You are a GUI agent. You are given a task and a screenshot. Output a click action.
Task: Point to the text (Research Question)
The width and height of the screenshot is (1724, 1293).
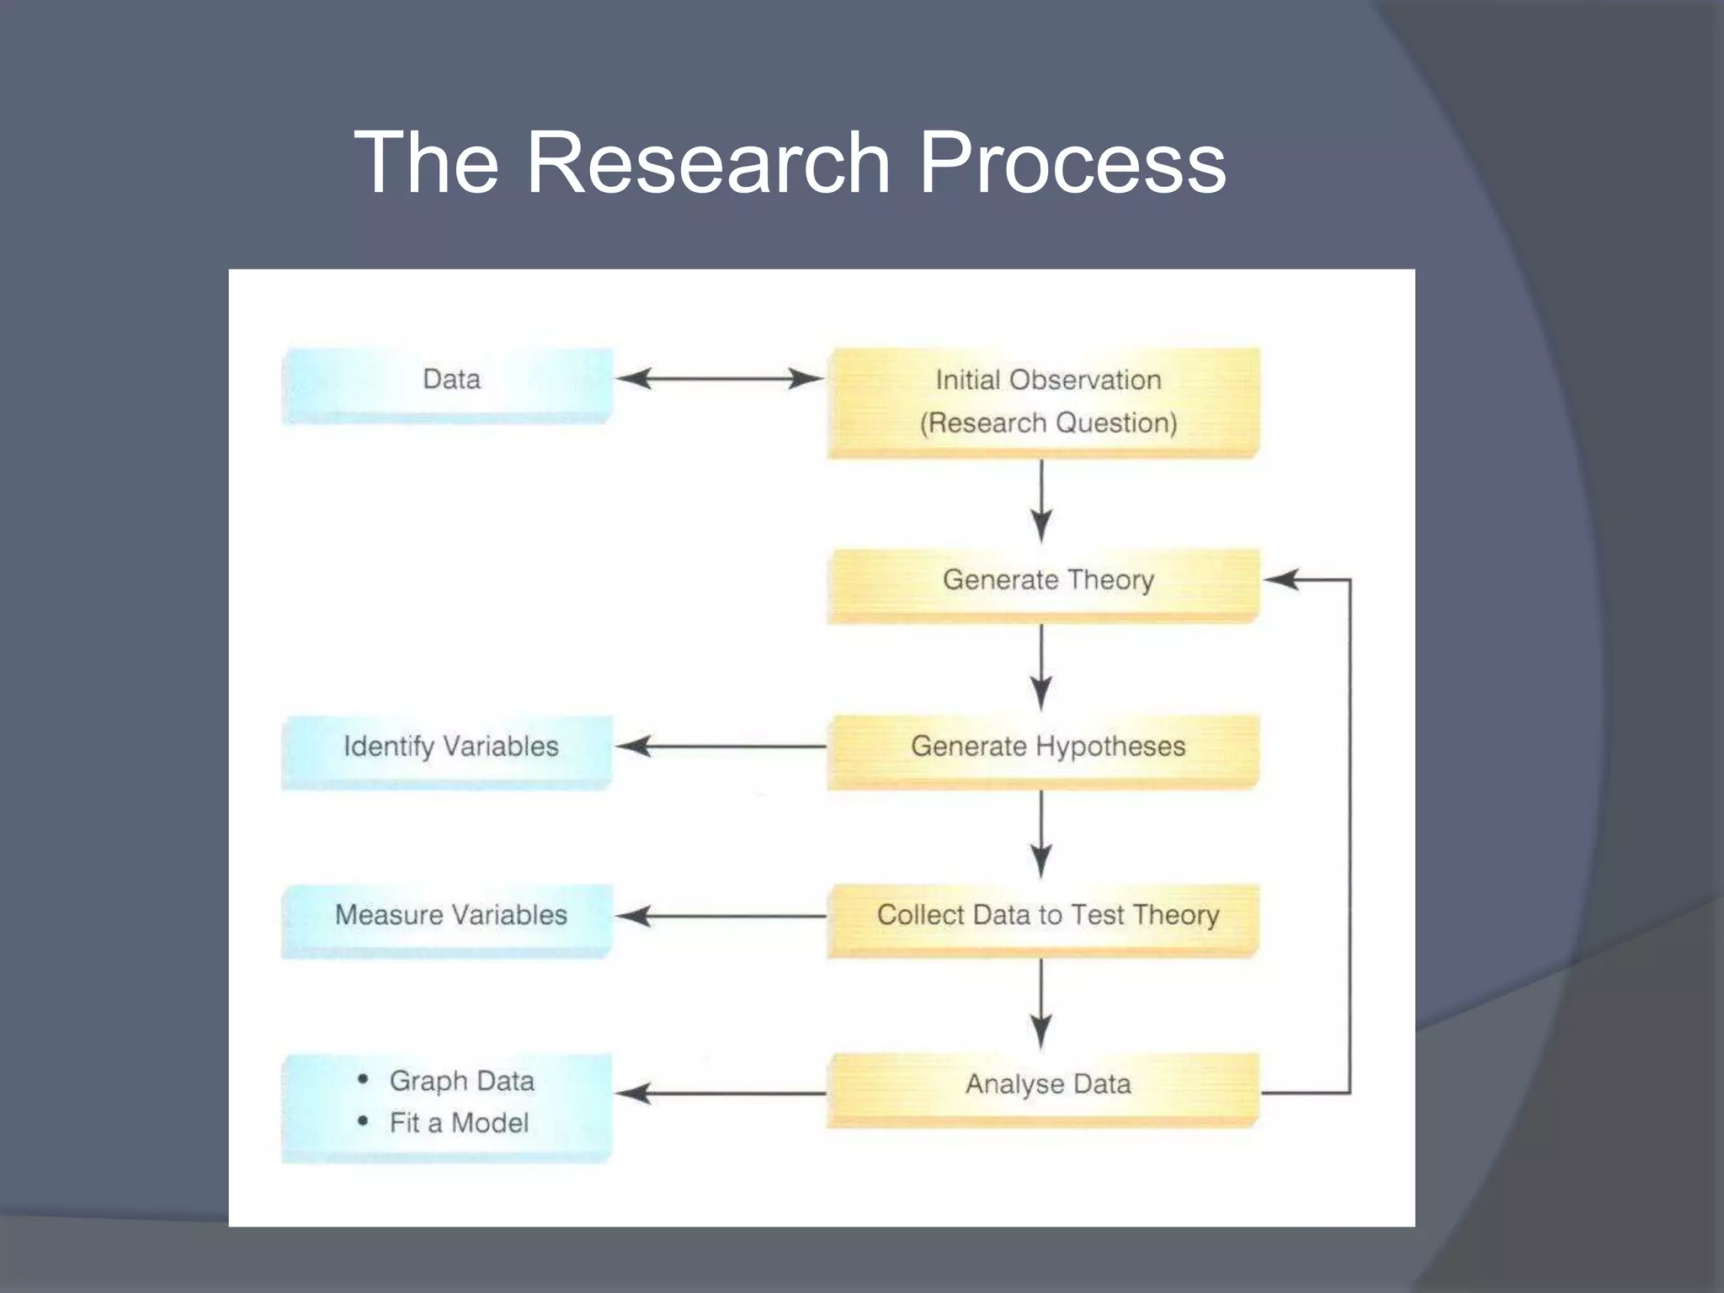(1047, 423)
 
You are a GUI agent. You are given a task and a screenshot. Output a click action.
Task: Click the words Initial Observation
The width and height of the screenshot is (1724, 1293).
(1047, 380)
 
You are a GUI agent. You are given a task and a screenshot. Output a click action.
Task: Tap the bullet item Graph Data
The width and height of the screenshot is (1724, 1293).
(461, 1081)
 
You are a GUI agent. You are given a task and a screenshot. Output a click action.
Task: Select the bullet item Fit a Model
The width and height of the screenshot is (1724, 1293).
(459, 1123)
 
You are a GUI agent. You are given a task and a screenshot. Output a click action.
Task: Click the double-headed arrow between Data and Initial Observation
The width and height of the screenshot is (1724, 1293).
(720, 379)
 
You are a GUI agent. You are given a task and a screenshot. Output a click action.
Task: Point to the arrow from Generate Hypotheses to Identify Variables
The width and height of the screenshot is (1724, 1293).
(720, 746)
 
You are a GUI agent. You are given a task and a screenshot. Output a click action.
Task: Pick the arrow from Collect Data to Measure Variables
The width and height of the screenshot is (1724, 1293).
(720, 916)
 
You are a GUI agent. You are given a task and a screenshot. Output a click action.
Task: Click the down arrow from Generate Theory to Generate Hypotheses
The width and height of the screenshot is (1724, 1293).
(1041, 668)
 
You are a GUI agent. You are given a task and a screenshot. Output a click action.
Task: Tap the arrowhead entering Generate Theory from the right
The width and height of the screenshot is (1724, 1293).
(1281, 579)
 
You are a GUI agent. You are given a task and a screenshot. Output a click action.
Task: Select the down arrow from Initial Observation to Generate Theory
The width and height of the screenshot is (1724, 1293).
(1041, 502)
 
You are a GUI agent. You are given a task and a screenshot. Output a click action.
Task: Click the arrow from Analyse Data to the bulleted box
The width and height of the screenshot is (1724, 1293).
(720, 1093)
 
